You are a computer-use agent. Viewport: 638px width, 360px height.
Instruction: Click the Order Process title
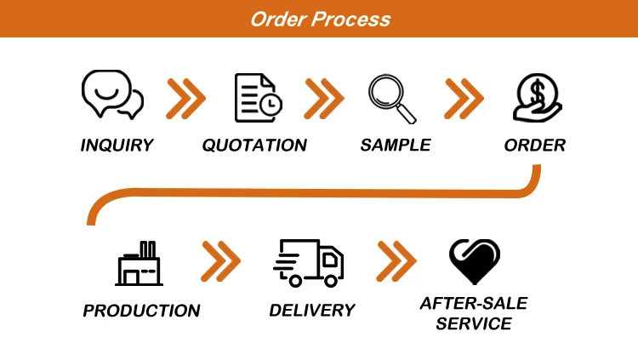pos(320,19)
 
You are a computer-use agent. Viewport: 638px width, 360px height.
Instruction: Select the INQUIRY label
pos(117,146)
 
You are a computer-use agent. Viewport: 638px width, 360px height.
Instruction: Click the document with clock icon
pos(258,97)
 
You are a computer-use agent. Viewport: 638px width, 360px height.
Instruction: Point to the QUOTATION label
pos(254,146)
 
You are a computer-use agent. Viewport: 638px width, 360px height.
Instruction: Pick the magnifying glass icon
pos(392,98)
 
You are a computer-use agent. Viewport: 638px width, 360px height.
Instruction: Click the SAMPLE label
pos(396,146)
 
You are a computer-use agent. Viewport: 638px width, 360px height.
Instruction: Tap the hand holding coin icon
pos(534,97)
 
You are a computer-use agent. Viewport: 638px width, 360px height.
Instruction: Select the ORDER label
pos(535,146)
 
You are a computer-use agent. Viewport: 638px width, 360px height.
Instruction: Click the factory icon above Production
pos(140,263)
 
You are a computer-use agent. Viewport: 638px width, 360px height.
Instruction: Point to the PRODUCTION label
pos(141,311)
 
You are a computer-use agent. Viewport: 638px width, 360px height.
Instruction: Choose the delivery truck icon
pos(309,262)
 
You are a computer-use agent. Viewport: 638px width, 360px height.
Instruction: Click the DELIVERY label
pos(311,311)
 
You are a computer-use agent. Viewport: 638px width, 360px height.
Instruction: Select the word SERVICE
pos(474,324)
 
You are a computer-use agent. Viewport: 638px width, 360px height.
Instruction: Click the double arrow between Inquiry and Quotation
pos(186,99)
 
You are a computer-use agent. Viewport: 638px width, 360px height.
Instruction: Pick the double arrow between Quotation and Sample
pos(324,99)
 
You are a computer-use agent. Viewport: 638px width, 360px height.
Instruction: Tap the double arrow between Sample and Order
pos(464,99)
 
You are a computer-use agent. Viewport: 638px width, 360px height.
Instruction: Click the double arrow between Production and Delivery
pos(221,261)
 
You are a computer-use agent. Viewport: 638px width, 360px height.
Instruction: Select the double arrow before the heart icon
pos(396,261)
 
